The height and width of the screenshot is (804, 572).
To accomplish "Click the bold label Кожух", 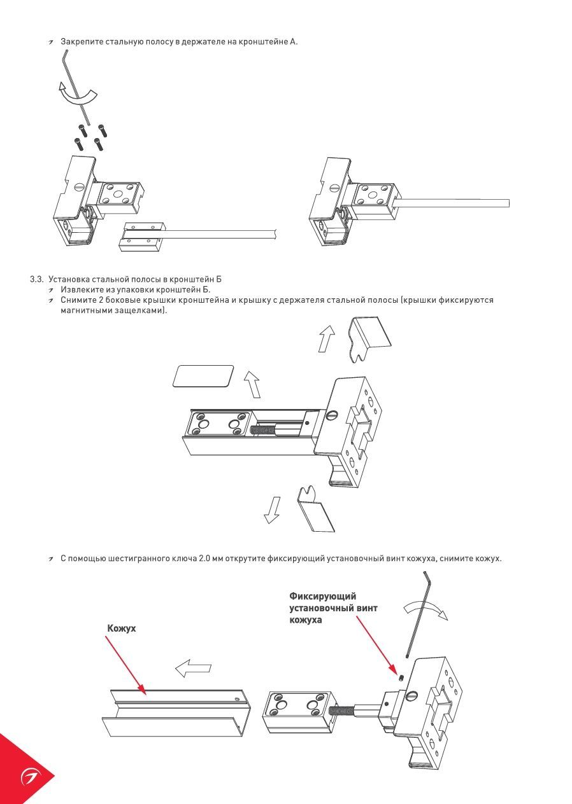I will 122,628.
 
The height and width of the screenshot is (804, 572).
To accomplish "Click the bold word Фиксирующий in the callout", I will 322,596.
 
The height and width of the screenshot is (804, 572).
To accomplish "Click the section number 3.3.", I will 36,279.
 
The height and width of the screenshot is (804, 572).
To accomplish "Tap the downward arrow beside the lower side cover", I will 273,509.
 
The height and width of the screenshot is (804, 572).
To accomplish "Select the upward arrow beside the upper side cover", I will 327,338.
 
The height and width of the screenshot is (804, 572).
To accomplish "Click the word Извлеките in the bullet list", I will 81,289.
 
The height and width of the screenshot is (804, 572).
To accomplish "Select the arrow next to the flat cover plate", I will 252,384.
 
